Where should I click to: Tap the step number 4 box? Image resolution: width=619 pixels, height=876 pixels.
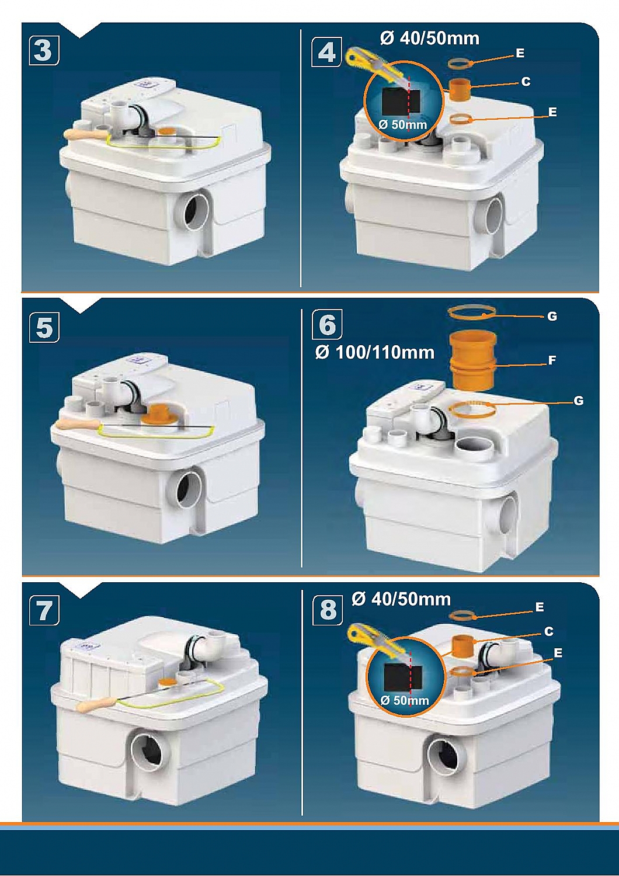pyautogui.click(x=326, y=51)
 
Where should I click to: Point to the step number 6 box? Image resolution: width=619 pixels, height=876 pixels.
pyautogui.click(x=327, y=324)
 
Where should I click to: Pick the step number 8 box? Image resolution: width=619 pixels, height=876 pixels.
pyautogui.click(x=328, y=610)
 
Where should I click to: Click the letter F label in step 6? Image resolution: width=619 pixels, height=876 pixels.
pyautogui.click(x=552, y=360)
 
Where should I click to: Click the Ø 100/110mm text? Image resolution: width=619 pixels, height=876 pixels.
pyautogui.click(x=374, y=353)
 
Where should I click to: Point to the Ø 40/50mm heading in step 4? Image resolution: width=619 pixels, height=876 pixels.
pyautogui.click(x=429, y=39)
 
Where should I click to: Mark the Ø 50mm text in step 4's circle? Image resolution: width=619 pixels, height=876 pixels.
pyautogui.click(x=403, y=125)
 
